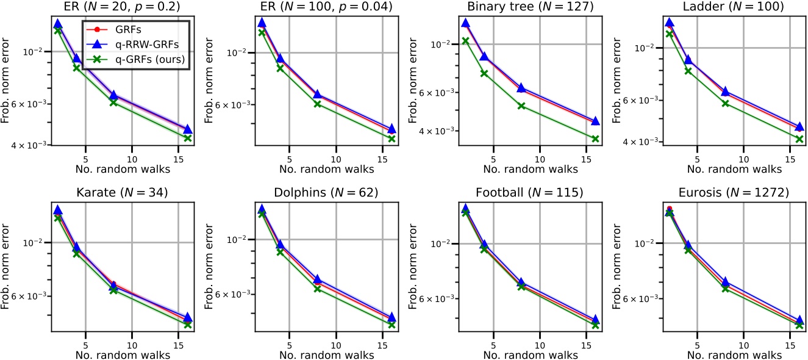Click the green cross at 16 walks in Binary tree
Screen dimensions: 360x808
coord(595,139)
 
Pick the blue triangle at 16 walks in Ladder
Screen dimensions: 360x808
coord(799,125)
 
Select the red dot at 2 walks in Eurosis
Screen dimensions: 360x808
coord(669,209)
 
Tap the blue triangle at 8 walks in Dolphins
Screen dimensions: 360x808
coord(316,279)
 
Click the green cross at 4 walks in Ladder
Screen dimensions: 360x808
coord(688,71)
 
